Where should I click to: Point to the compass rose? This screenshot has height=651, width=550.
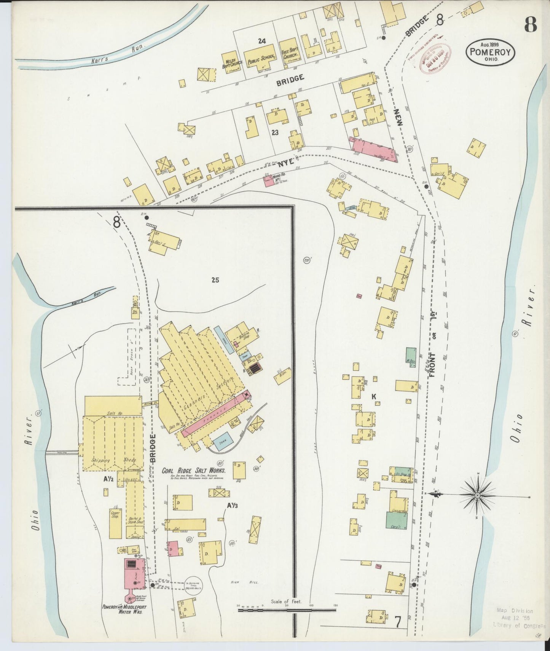477,495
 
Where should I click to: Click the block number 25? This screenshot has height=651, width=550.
215,280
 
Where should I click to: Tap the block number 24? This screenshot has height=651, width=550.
261,41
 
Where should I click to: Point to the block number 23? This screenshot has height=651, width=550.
275,132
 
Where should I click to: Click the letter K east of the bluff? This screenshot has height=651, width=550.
374,397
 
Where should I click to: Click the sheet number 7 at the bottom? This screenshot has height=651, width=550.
398,622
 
